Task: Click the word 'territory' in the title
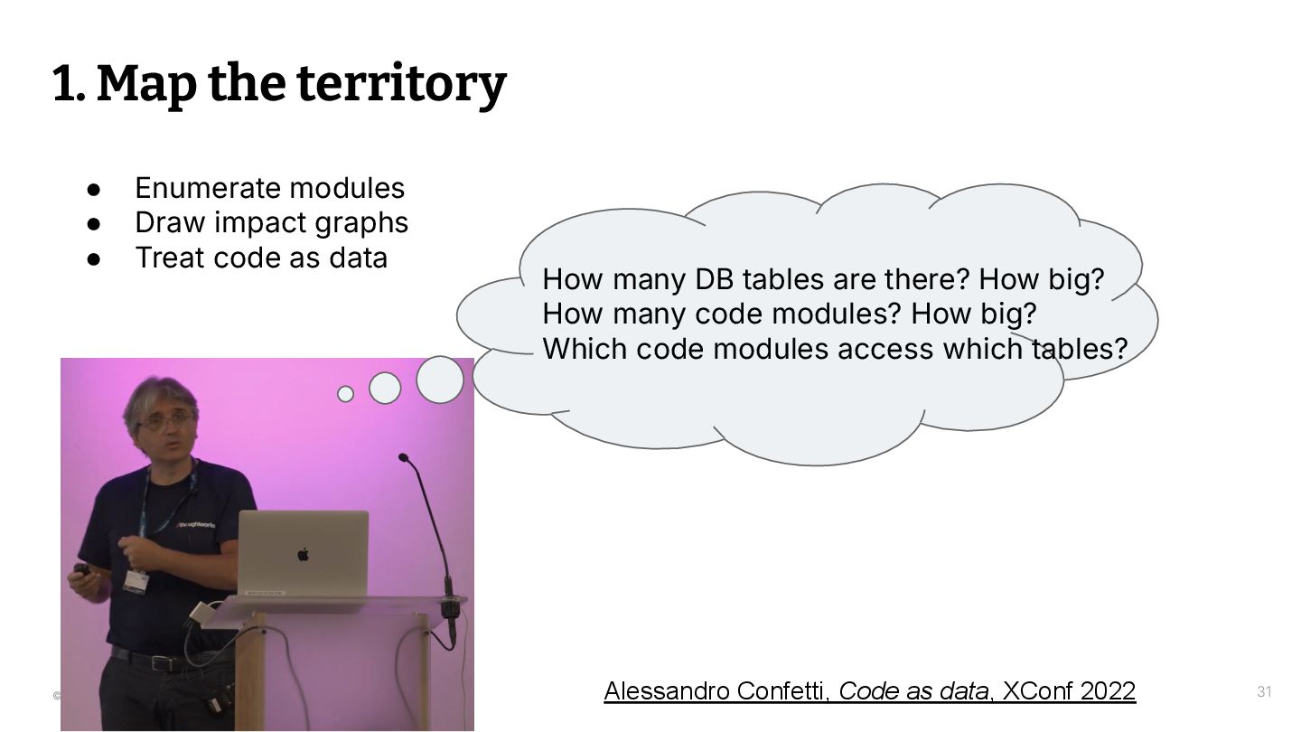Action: pyautogui.click(x=401, y=84)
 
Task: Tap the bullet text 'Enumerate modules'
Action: pyautogui.click(x=269, y=188)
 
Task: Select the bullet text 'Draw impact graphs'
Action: pyautogui.click(x=271, y=222)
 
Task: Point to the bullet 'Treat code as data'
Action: pyautogui.click(x=261, y=258)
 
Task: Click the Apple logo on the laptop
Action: pyautogui.click(x=304, y=553)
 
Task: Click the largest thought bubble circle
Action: pyautogui.click(x=440, y=380)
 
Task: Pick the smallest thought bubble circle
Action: pyautogui.click(x=345, y=394)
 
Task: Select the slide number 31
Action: pyautogui.click(x=1264, y=692)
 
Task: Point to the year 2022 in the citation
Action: pyautogui.click(x=1108, y=691)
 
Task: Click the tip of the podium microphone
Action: pyautogui.click(x=403, y=457)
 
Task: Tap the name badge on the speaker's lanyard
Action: pyautogui.click(x=136, y=579)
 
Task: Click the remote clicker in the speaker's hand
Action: pyautogui.click(x=81, y=571)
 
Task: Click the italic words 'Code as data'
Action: pyautogui.click(x=913, y=691)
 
